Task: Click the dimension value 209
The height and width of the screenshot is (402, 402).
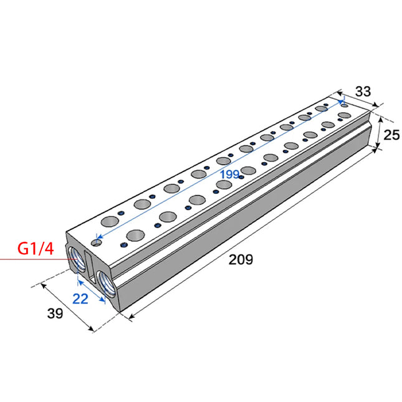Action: coord(241,259)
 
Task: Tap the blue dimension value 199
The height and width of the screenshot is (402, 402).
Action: coord(229,174)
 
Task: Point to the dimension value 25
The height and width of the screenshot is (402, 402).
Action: coord(391,134)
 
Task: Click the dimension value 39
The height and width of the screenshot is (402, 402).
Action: coord(55,313)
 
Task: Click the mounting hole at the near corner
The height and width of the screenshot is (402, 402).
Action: coord(96,241)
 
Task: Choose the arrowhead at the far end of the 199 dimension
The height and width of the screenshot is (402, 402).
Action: coord(342,100)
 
